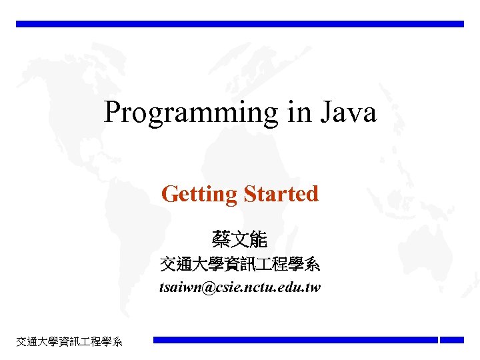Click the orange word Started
[281, 194]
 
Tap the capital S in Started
[249, 194]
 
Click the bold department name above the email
[240, 265]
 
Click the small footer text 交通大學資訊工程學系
[69, 342]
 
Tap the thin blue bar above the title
[240, 24]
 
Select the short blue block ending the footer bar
[452, 340]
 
